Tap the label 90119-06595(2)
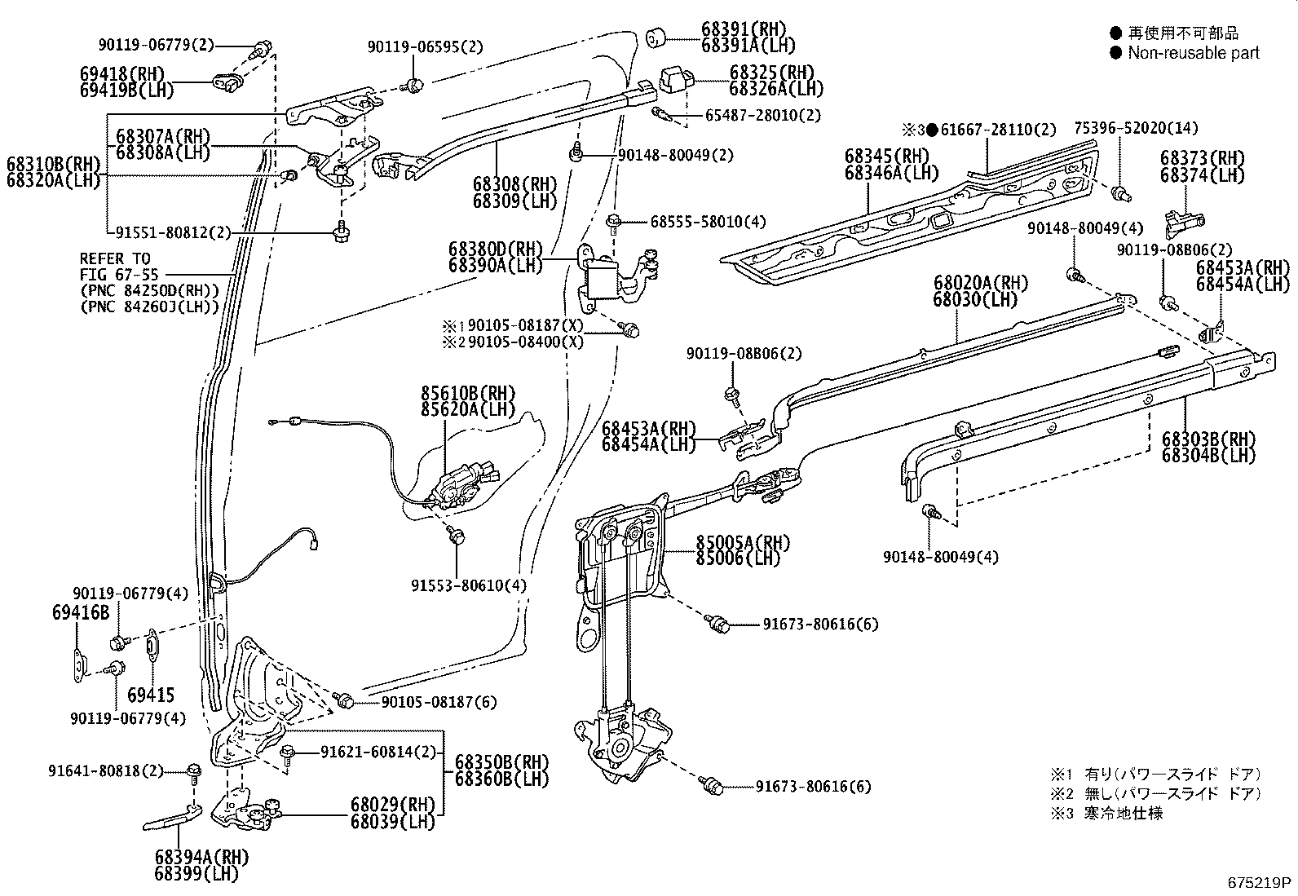pos(424,47)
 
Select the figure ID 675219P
pos(1260,882)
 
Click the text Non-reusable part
pos(1193,53)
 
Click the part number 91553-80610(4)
pos(468,585)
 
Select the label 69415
pos(151,695)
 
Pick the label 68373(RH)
pos(1203,158)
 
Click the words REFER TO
pos(115,258)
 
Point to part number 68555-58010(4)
pos(708,222)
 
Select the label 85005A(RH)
pos(742,543)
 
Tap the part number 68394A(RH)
pos(201,857)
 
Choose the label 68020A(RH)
pos(981,284)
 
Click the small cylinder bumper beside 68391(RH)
pos(656,37)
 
